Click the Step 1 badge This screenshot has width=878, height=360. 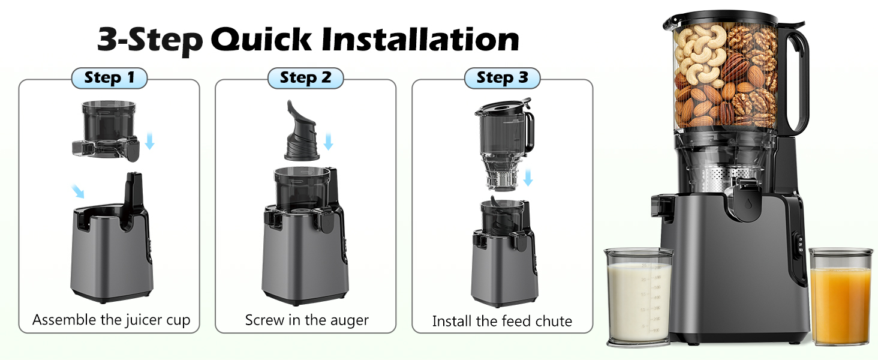pos(109,77)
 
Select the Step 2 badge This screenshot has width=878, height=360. pos(306,77)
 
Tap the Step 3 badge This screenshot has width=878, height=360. pos(502,77)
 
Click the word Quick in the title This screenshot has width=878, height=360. pos(261,40)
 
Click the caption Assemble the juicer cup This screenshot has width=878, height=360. pos(112,320)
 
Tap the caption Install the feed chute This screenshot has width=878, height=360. pos(502,321)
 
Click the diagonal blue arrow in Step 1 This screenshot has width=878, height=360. pos(77,191)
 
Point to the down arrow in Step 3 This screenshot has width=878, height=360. pos(528,178)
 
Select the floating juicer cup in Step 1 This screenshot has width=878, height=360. pos(106,131)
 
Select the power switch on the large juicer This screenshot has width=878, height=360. pos(800,245)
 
